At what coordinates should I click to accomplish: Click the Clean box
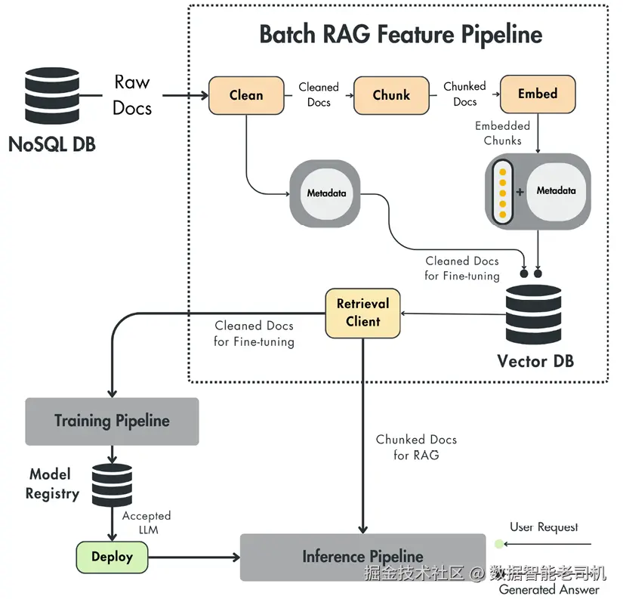pyautogui.click(x=245, y=95)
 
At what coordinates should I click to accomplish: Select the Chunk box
pyautogui.click(x=391, y=95)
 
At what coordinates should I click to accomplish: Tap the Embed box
pyautogui.click(x=538, y=94)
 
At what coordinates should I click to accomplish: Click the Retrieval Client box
pyautogui.click(x=363, y=313)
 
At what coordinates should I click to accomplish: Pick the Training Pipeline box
pyautogui.click(x=112, y=421)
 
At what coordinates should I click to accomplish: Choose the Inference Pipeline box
pyautogui.click(x=362, y=557)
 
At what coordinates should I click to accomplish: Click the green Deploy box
pyautogui.click(x=112, y=557)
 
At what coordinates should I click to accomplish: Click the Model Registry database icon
pyautogui.click(x=112, y=484)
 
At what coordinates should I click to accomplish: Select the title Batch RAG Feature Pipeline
pyautogui.click(x=400, y=35)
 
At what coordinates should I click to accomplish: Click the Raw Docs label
pyautogui.click(x=132, y=95)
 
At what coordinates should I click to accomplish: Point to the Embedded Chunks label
pyautogui.click(x=502, y=133)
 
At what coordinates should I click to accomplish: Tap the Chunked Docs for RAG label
pyautogui.click(x=415, y=447)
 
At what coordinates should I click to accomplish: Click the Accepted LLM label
pyautogui.click(x=146, y=523)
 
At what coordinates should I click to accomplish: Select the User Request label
pyautogui.click(x=544, y=527)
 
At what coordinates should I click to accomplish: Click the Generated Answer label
pyautogui.click(x=549, y=589)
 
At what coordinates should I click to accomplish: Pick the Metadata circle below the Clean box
pyautogui.click(x=326, y=193)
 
